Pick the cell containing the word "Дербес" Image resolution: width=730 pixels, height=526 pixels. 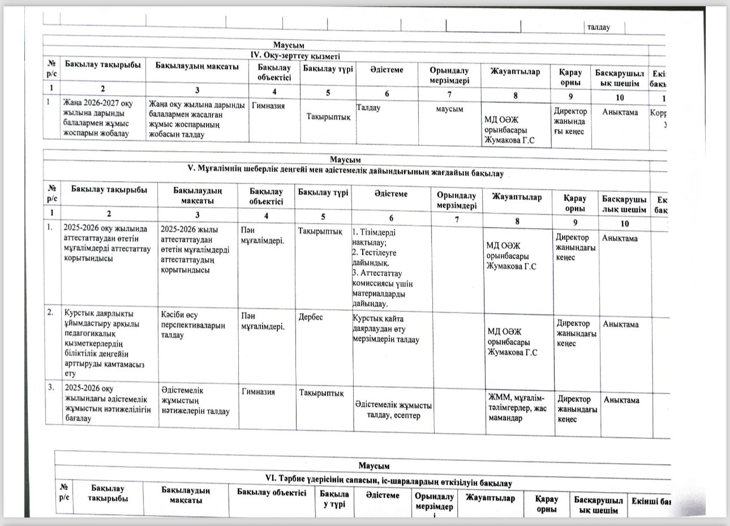[x=311, y=318]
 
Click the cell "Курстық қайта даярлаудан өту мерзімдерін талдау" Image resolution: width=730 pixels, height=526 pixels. [x=385, y=329]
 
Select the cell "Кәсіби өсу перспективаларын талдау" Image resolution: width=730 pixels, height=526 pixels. [x=192, y=325]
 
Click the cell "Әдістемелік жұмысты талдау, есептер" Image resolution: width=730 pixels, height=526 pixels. [x=394, y=410]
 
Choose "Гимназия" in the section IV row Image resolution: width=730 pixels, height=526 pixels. [x=268, y=106]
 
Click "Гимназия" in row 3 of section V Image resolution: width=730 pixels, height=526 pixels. [x=258, y=392]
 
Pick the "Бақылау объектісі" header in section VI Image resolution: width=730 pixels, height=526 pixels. [x=272, y=492]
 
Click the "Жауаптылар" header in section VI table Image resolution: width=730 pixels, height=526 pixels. [x=490, y=498]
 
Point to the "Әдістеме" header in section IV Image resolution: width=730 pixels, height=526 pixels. [x=387, y=70]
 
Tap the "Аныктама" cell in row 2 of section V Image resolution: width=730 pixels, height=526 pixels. [x=621, y=324]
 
